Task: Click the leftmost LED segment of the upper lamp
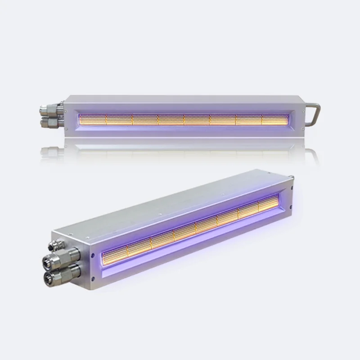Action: pos(92,119)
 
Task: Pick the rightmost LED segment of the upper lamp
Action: pos(275,119)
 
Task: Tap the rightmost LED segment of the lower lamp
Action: pos(269,205)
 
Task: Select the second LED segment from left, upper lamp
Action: pos(119,119)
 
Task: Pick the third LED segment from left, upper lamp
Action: pos(145,119)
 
